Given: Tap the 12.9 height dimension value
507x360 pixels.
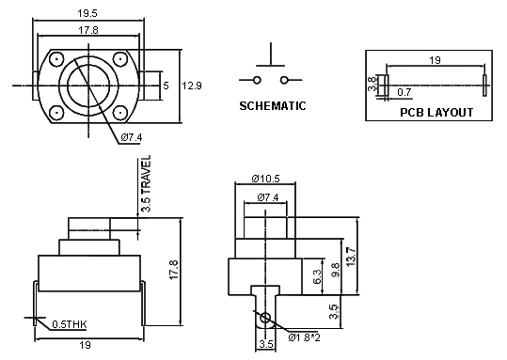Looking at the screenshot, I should pos(192,86).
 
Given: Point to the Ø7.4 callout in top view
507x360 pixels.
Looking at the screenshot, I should pos(131,138).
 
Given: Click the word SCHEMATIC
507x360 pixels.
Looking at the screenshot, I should pos(273,106).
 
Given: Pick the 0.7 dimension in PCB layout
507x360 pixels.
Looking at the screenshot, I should pos(404,92).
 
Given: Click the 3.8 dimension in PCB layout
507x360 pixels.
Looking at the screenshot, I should pos(372,84).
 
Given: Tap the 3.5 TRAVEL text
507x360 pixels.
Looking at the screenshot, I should pos(146,187).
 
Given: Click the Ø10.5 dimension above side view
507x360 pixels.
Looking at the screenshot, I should pos(269,179).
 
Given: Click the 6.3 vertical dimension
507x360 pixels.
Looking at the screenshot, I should pos(317,275).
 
